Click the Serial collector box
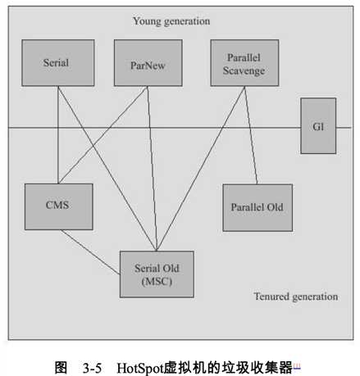coord(57,63)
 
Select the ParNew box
coord(148,63)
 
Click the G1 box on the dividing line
coord(317,126)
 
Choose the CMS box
coord(57,206)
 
